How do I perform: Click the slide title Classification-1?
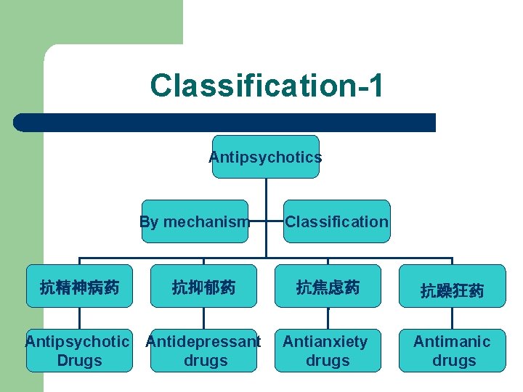267,85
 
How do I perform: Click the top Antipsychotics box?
265,157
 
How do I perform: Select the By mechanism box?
195,221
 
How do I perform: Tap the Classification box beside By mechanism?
336,221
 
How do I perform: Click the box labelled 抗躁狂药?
452,290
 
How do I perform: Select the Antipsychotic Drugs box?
78,351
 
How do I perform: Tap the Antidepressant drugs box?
203,351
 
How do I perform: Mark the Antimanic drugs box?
452,351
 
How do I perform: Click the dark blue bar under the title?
225,122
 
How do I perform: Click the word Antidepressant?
203,341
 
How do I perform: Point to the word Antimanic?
452,341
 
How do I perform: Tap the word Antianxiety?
325,341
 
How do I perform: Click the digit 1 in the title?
373,85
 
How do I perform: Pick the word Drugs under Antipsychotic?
78,361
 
